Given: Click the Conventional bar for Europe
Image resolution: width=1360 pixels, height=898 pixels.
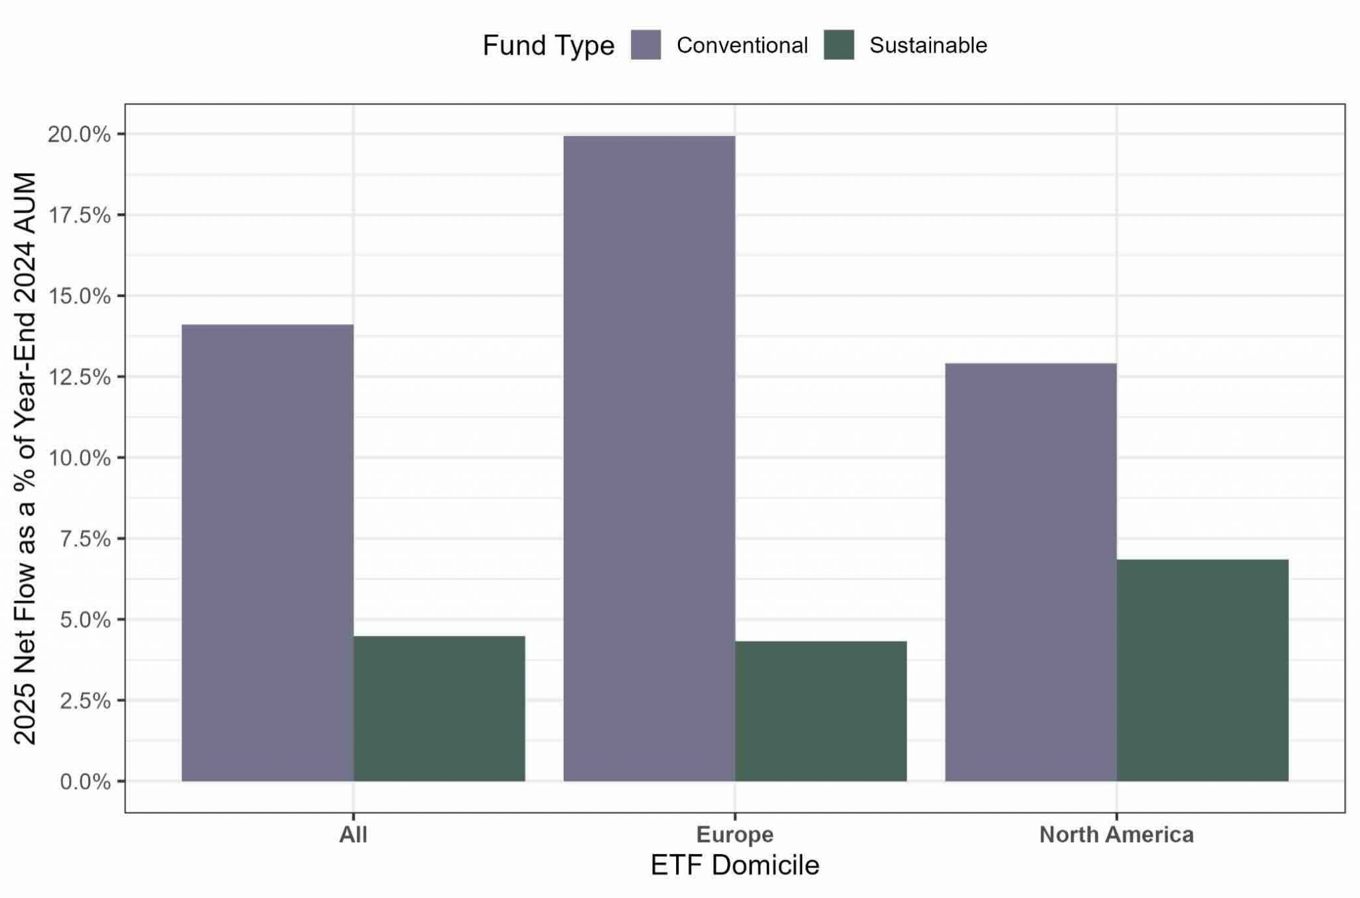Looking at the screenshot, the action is (x=649, y=458).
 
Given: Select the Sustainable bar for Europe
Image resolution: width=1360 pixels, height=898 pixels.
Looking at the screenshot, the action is (x=821, y=711).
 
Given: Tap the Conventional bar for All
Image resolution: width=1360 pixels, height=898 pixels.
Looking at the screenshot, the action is (x=268, y=553).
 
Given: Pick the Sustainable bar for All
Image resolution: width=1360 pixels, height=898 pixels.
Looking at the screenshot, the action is (x=439, y=709).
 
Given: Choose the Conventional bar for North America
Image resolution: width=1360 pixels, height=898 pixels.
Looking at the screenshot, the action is (x=1031, y=572).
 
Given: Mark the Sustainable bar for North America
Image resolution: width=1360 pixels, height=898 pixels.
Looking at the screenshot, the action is (x=1203, y=670).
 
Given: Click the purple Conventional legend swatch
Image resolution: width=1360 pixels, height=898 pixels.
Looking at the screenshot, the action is (x=645, y=45).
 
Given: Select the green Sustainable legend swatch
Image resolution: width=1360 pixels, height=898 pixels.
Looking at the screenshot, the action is (x=839, y=45).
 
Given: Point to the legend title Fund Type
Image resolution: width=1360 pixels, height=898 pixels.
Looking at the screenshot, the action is (x=549, y=46).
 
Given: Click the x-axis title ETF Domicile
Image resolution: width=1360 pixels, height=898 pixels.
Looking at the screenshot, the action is (x=735, y=865).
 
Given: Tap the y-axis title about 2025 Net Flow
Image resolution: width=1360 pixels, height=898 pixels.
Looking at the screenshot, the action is (x=25, y=458).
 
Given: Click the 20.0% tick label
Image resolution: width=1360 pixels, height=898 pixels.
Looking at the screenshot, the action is (x=78, y=134).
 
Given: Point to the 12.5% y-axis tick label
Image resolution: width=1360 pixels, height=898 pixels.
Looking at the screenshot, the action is (x=78, y=377).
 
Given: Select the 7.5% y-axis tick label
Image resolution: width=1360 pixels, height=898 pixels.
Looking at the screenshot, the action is (x=85, y=539).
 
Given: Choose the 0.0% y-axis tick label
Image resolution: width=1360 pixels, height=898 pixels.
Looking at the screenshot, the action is (x=85, y=782).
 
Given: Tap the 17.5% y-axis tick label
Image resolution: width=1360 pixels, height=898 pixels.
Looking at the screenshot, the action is (x=78, y=215).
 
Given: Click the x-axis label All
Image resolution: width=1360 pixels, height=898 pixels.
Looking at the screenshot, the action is (x=353, y=834).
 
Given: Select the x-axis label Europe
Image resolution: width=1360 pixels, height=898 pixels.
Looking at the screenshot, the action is (x=735, y=835).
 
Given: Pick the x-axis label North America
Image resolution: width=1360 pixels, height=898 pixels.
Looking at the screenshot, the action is (x=1117, y=834).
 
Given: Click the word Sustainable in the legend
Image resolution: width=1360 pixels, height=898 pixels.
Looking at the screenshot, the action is (x=928, y=45).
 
